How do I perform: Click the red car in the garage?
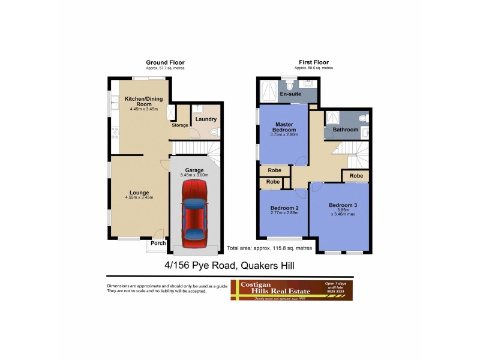194,215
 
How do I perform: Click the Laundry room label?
206,119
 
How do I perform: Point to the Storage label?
180,125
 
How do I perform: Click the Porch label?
158,243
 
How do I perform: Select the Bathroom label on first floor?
346,129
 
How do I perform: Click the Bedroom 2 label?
284,208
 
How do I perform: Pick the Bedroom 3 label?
343,205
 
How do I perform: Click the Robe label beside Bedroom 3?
356,175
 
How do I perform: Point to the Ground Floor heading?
165,62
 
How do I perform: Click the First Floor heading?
314,62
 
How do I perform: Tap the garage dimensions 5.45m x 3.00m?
194,175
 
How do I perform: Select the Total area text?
269,247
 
